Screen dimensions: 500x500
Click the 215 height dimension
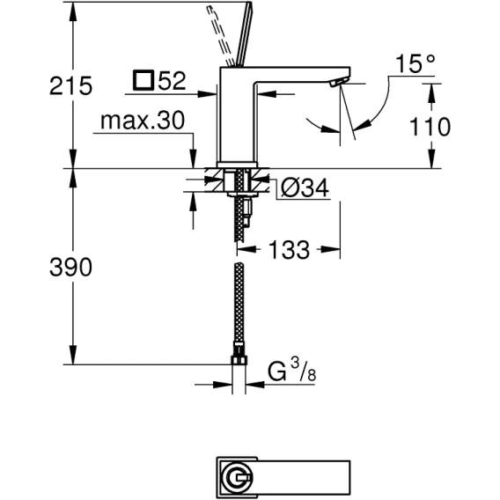pos(70,85)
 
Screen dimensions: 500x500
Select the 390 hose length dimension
pos(70,267)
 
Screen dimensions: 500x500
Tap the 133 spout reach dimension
pos(290,249)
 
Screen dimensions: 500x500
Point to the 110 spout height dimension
pos(430,127)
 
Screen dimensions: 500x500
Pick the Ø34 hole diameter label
pos(305,188)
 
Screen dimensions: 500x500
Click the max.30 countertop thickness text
pos(143,121)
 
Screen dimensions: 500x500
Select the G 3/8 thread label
pos(291,371)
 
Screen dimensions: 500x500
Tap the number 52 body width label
pos(173,81)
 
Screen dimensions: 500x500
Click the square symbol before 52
pos(143,80)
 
